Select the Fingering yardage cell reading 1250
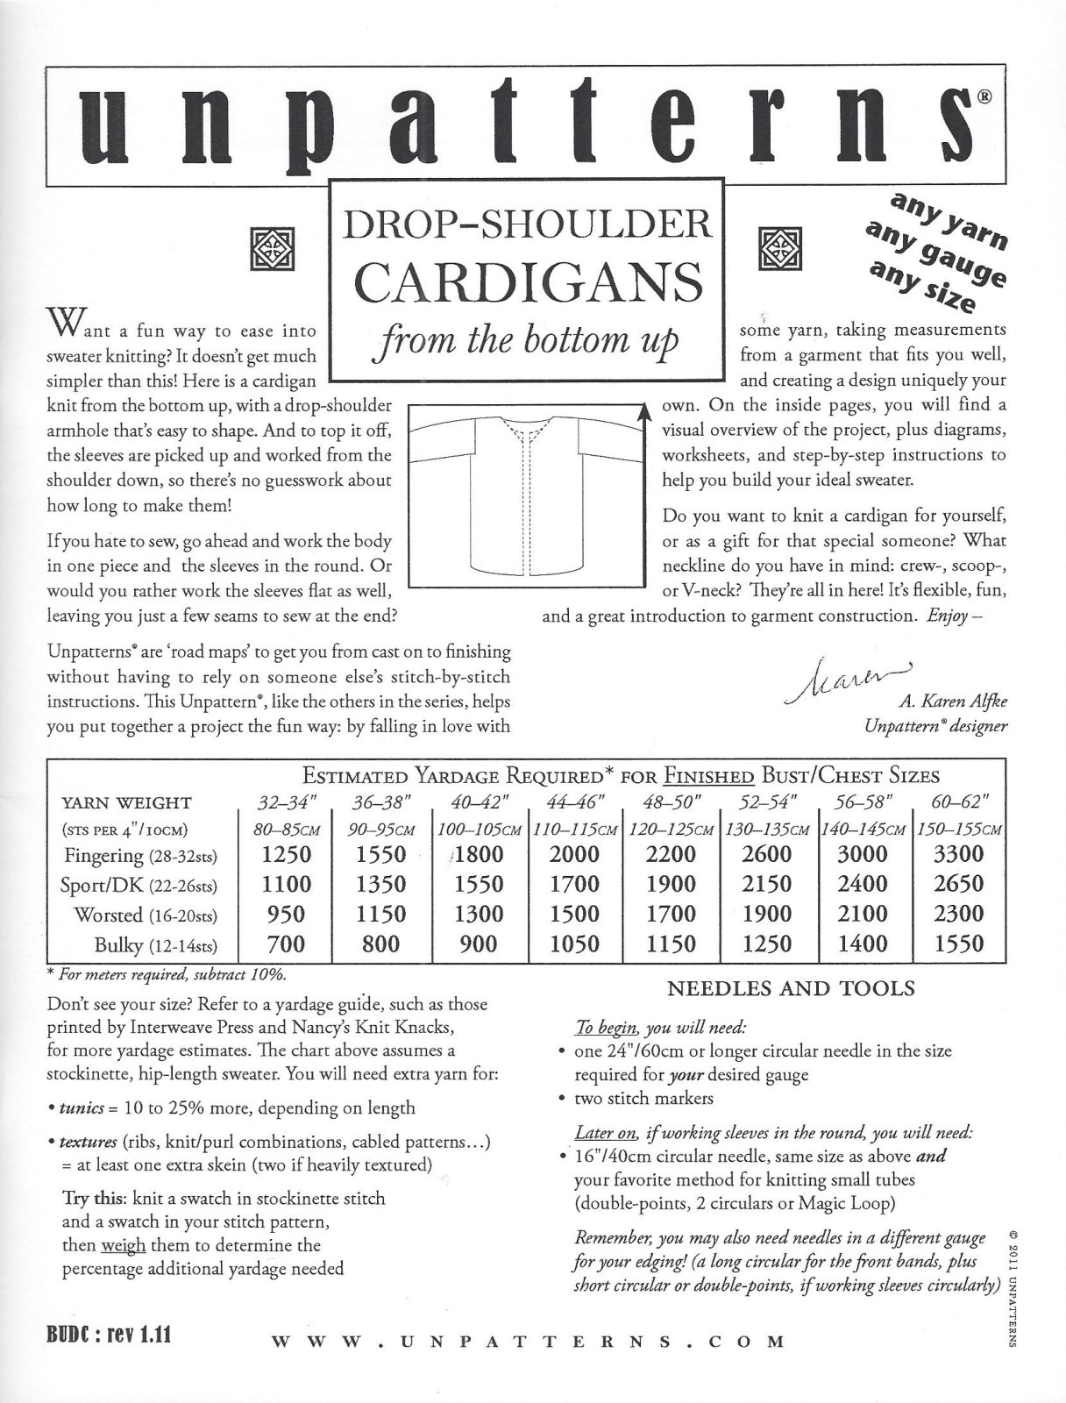pyautogui.click(x=287, y=853)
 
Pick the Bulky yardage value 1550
pyautogui.click(x=958, y=944)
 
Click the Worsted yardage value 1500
pyautogui.click(x=575, y=914)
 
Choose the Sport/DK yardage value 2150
pyautogui.click(x=767, y=884)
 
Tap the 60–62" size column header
pyautogui.click(x=958, y=801)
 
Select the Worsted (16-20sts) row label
pyautogui.click(x=146, y=915)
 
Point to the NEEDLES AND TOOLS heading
pyautogui.click(x=792, y=988)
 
